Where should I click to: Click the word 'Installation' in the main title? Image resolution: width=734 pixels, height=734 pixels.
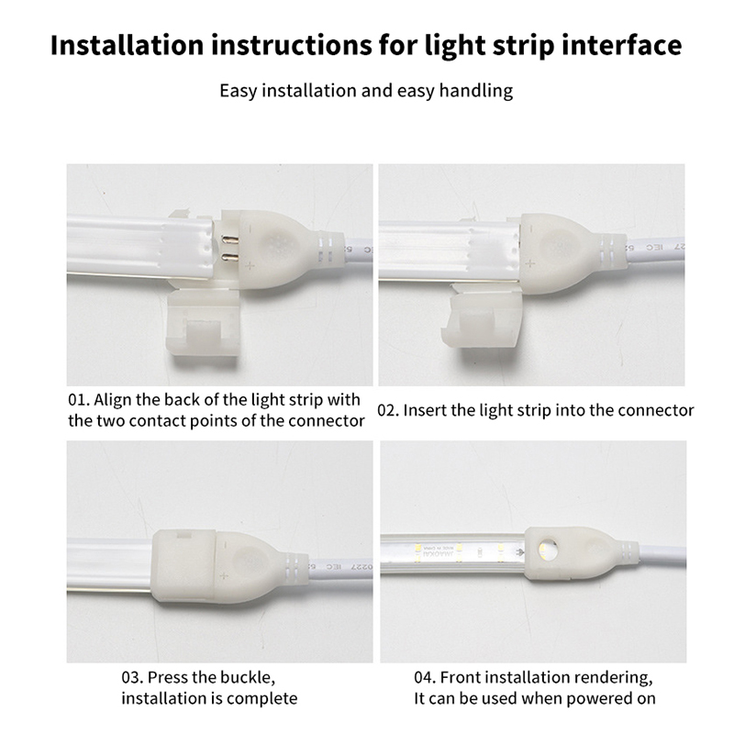point(127,45)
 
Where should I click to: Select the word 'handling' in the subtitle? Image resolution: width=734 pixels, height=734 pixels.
point(475,91)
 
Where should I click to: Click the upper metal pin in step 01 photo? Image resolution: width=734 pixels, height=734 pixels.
point(229,239)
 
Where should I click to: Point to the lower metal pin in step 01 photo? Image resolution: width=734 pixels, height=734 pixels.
point(229,257)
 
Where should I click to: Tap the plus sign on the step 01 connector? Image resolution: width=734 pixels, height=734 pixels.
point(250,266)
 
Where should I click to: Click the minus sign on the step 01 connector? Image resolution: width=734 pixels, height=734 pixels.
point(250,229)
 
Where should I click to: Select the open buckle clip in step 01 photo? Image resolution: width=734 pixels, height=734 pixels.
point(203,323)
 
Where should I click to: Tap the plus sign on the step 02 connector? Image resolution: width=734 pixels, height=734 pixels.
point(529,263)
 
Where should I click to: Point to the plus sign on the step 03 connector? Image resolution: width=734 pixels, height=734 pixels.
point(224,575)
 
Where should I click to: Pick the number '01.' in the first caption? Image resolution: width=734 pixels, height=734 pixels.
point(78,400)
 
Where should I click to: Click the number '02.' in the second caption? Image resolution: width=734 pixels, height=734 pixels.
point(387,410)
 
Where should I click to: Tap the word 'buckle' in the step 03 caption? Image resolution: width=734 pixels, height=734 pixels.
point(247,677)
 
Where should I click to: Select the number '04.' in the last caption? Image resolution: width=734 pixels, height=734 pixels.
point(425,677)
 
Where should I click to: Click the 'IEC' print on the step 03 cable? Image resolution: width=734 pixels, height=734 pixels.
point(335,567)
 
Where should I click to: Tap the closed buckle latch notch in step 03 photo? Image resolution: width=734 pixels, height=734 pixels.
point(183,533)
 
